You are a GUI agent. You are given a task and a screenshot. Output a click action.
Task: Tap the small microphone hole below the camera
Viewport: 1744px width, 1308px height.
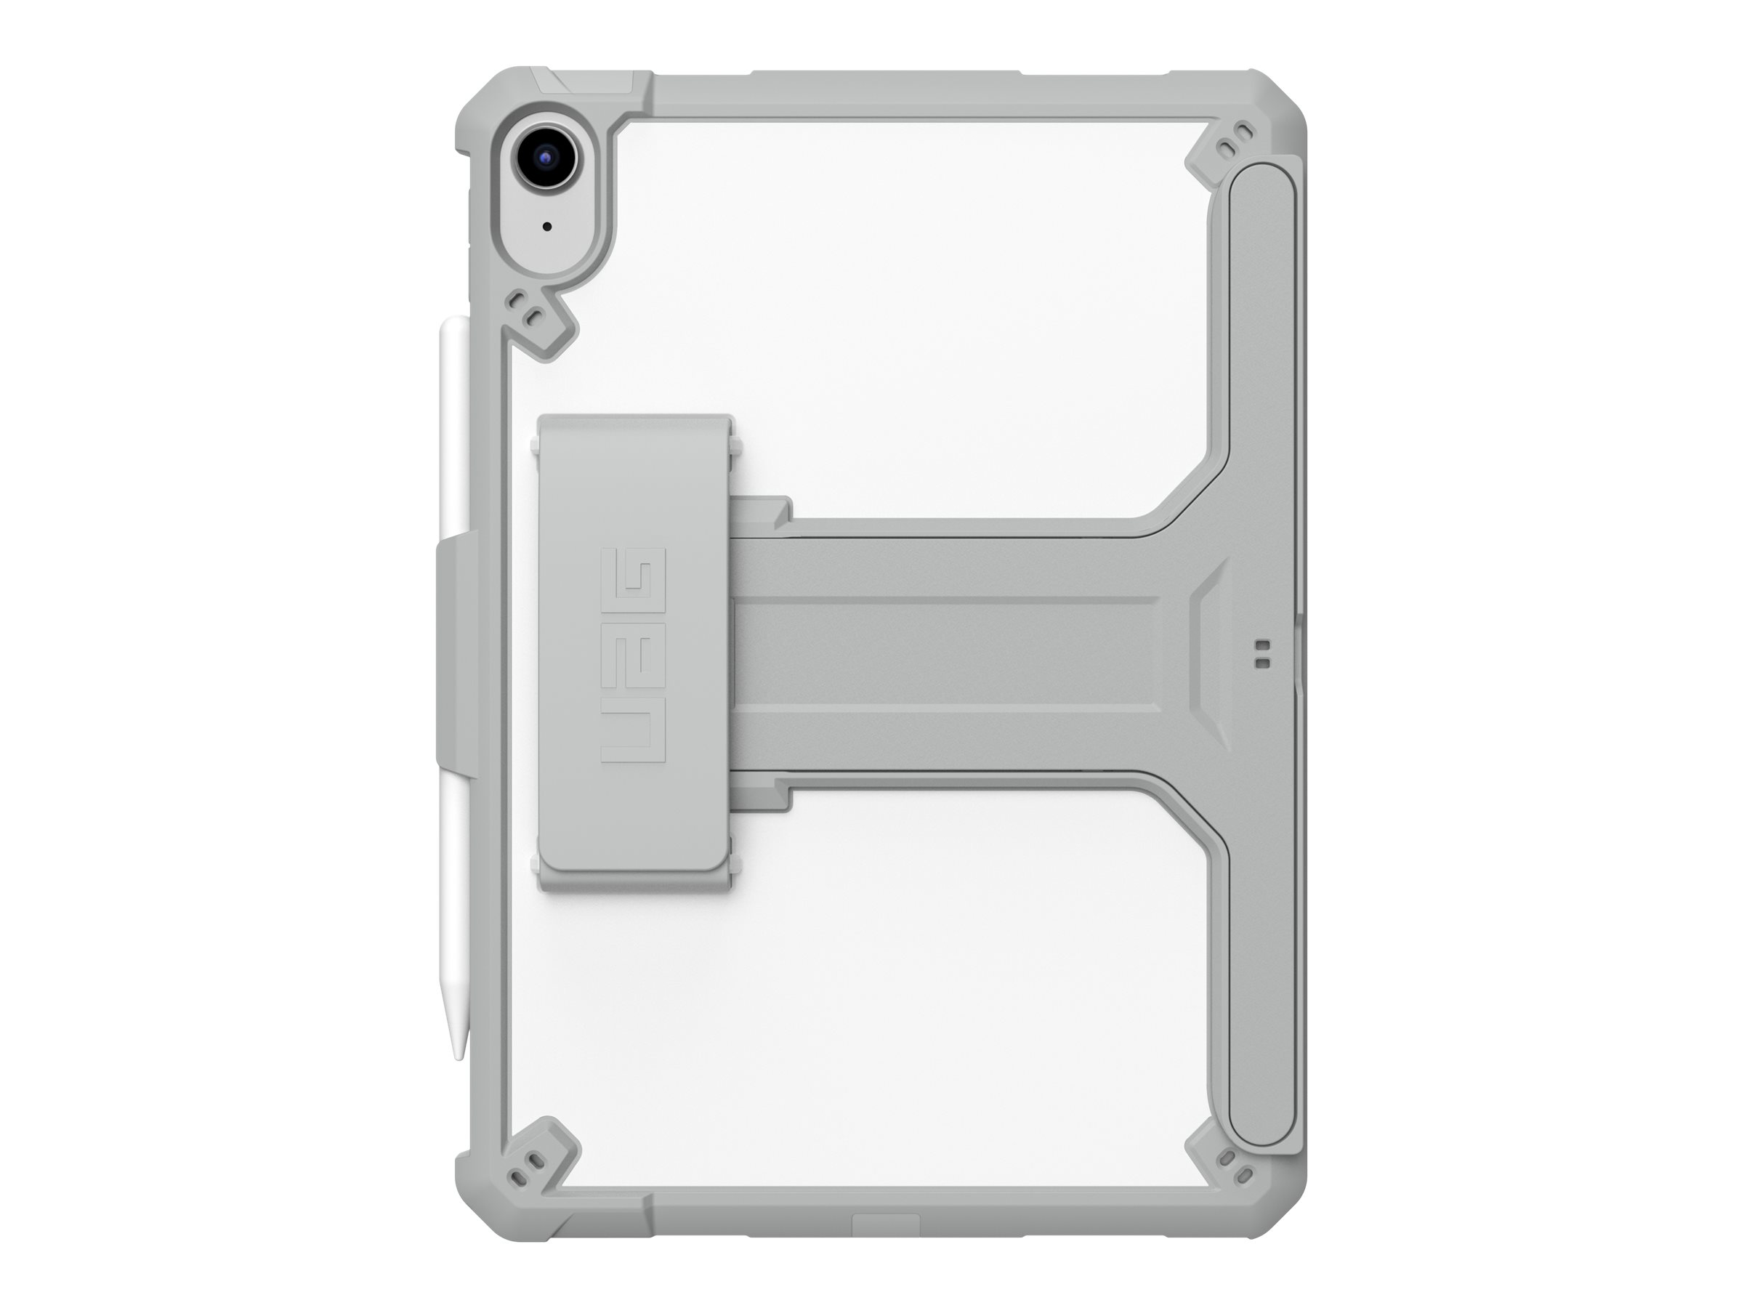click(x=546, y=227)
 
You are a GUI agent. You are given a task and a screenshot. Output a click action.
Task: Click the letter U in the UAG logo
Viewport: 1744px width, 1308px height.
click(x=633, y=729)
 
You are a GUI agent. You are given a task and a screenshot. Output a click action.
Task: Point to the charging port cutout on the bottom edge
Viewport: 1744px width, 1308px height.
click(x=885, y=1225)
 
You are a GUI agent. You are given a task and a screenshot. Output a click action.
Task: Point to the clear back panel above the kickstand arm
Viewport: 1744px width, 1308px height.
click(x=907, y=315)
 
